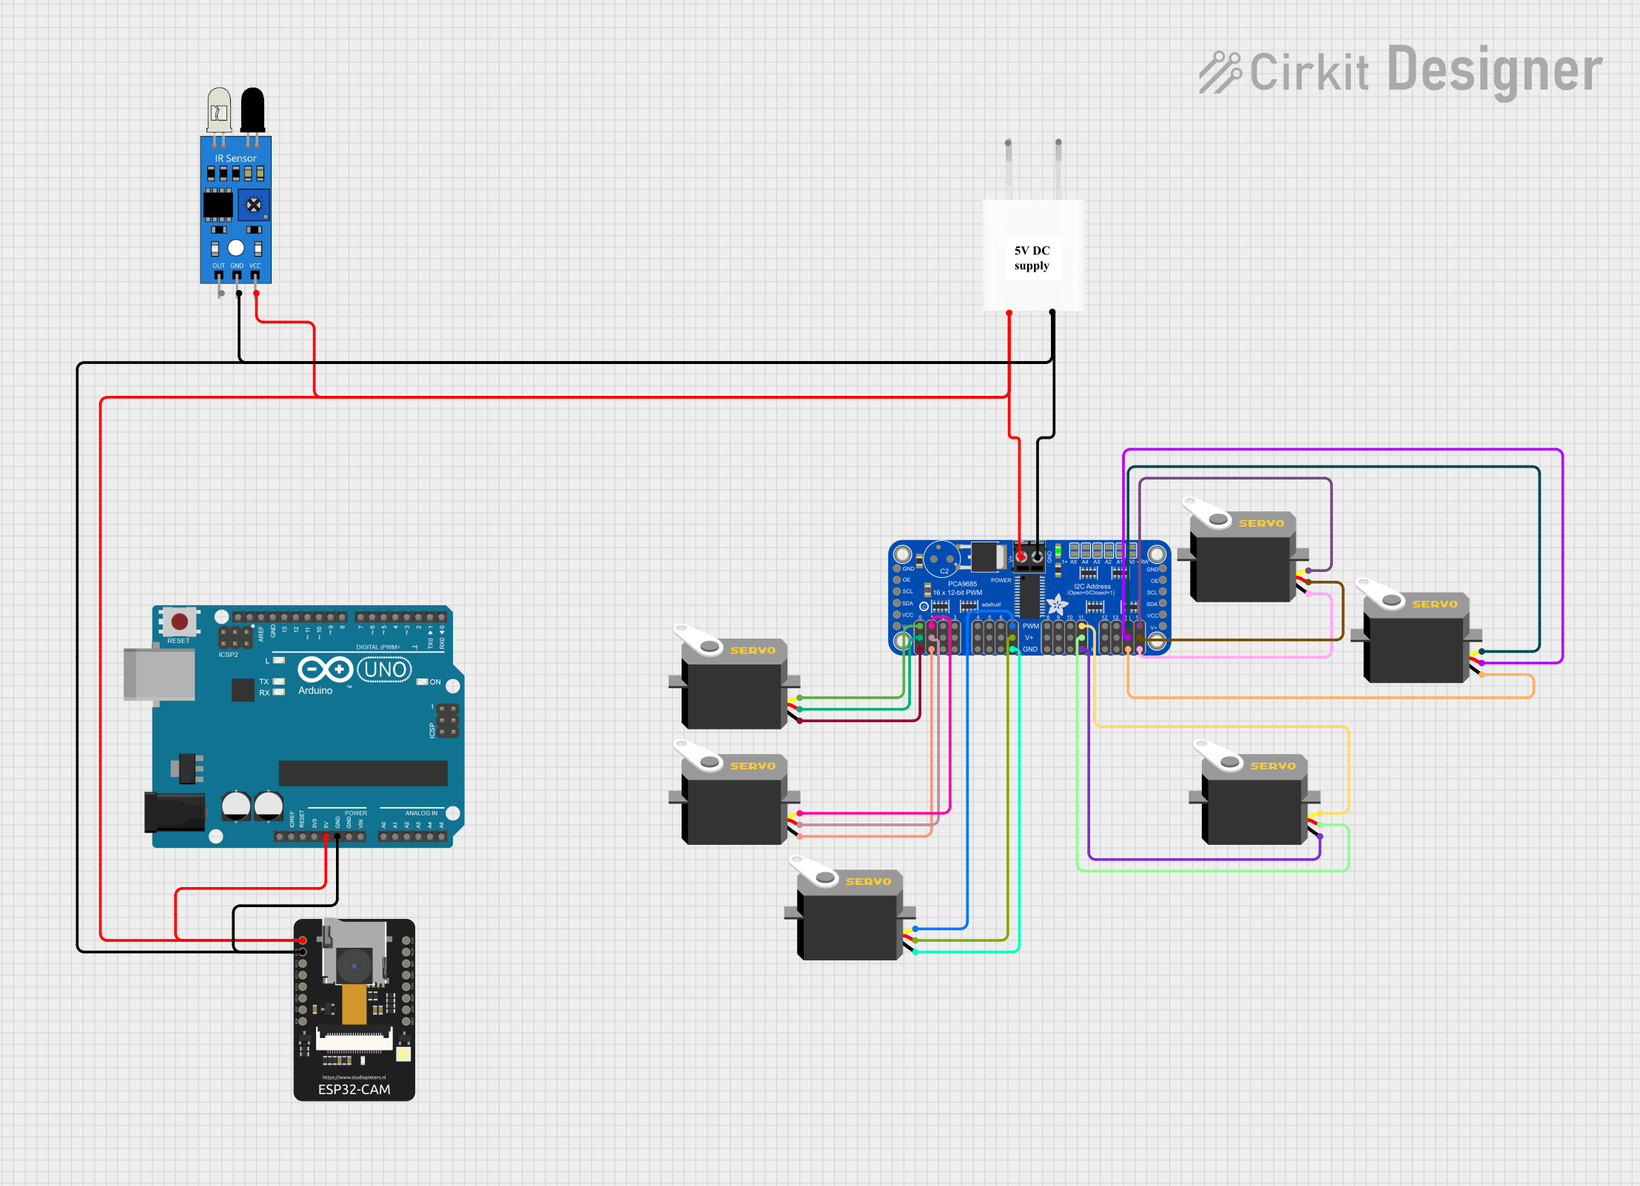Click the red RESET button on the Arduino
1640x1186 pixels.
point(179,621)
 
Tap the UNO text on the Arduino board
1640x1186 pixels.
point(385,670)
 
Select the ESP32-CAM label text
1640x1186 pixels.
point(354,1089)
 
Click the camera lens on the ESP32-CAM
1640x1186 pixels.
point(354,965)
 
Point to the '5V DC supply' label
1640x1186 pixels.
point(1032,258)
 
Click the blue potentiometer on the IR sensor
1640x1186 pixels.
point(254,205)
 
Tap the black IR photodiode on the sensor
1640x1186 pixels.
point(252,109)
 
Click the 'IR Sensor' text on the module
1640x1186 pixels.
point(235,158)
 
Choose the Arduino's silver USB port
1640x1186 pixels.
point(158,674)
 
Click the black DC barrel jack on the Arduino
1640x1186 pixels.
point(175,812)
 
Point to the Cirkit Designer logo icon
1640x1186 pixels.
point(1219,73)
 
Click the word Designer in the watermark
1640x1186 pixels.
point(1494,70)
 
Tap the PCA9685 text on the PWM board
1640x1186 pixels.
point(962,584)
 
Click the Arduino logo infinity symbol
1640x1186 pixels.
point(325,670)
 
